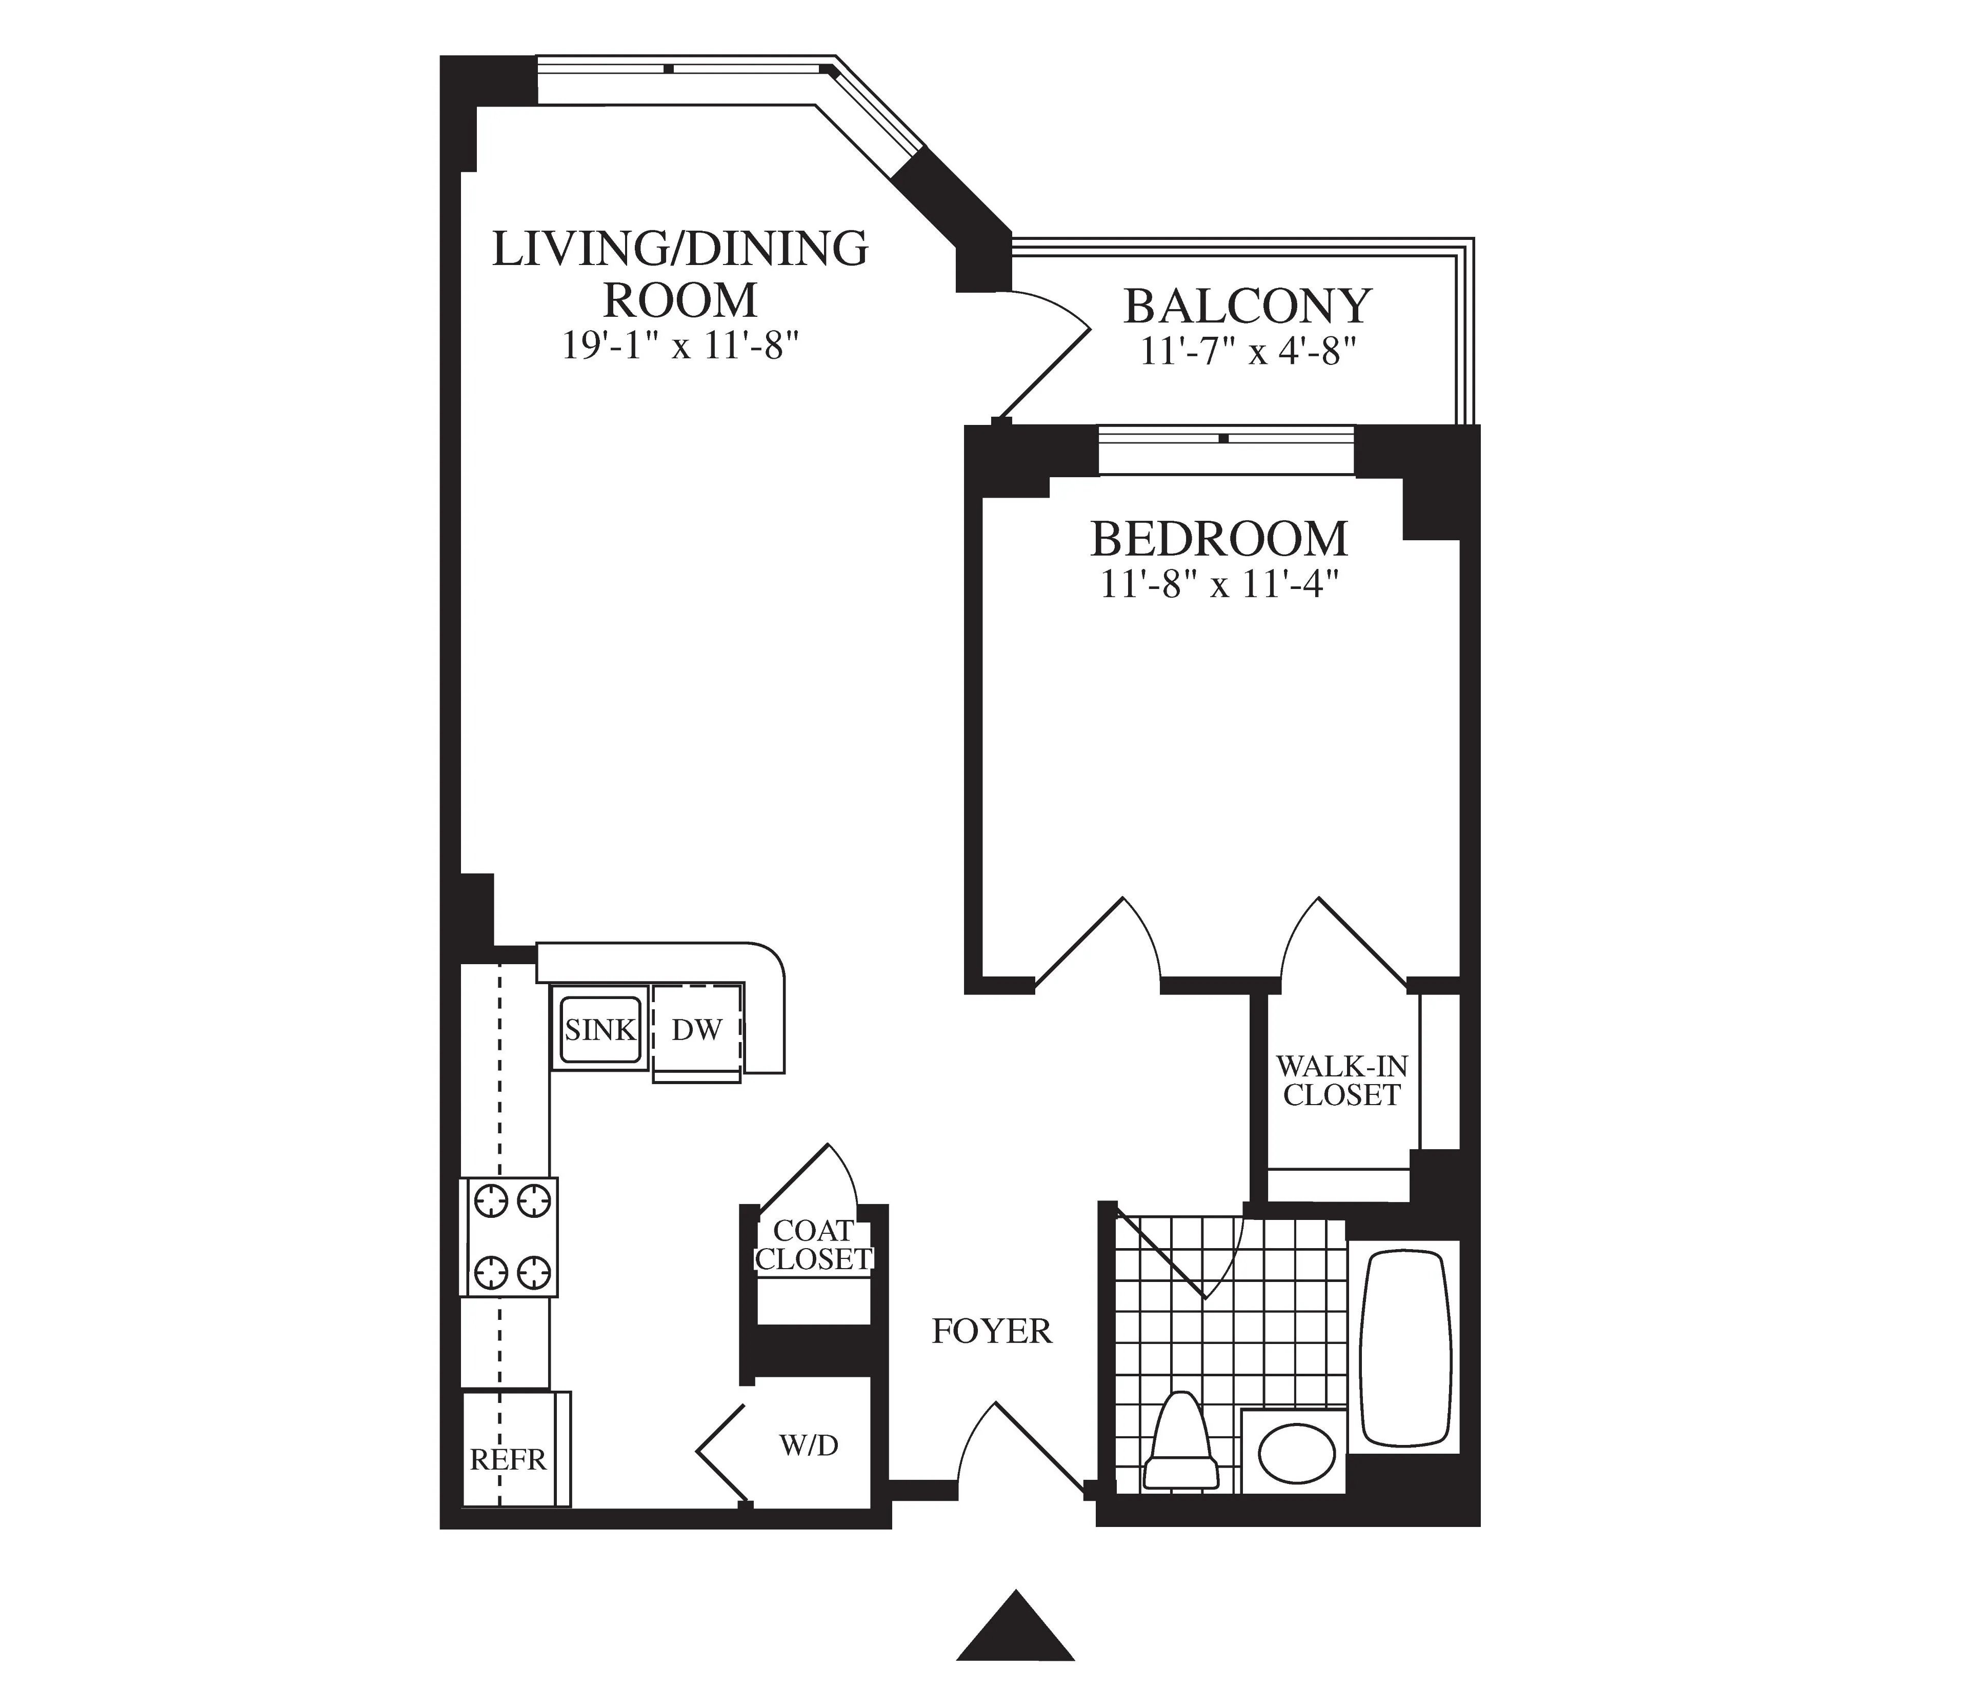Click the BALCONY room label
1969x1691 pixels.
coord(1247,306)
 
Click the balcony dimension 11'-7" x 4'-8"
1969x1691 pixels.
coord(1247,353)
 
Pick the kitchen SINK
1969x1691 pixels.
coord(599,1030)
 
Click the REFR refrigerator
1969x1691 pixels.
coord(509,1460)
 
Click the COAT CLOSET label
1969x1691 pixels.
coord(813,1245)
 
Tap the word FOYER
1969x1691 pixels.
coord(991,1332)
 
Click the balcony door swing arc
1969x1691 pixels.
coord(1059,314)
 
